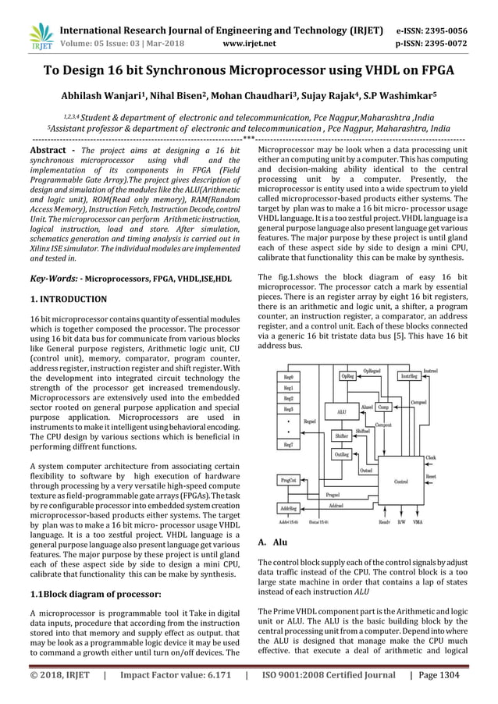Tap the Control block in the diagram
click(401, 482)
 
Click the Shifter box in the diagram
click(342, 436)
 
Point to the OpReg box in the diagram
click(347, 376)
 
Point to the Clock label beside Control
click(430, 458)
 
